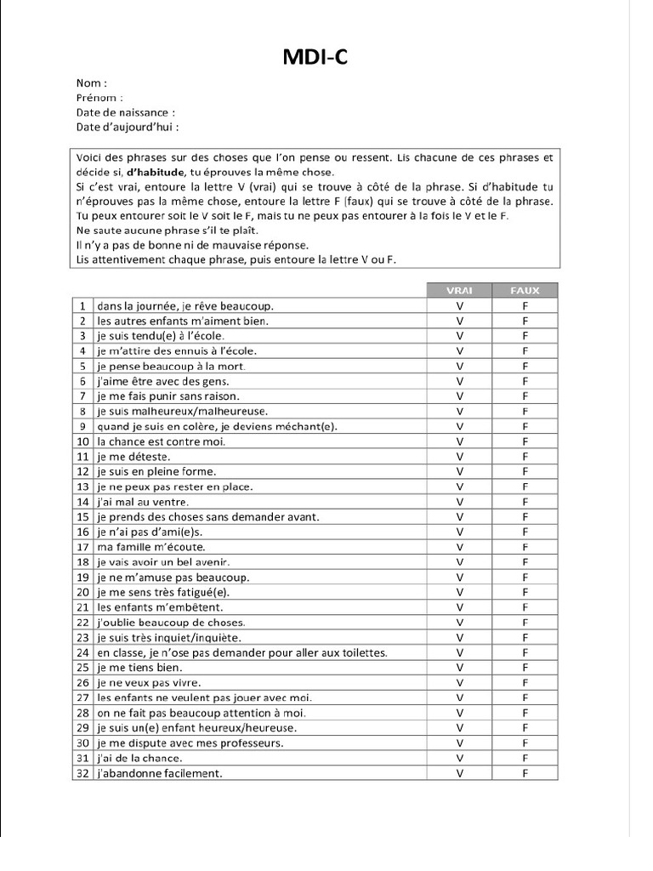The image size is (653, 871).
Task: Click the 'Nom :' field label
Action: pos(92,83)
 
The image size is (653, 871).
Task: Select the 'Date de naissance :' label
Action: pos(126,112)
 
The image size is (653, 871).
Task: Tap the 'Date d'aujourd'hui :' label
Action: pos(128,127)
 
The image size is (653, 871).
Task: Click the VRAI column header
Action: pos(459,290)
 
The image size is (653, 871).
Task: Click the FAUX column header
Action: pos(525,290)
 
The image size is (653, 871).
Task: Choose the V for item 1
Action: pos(459,305)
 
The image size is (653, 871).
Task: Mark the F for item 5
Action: pos(525,366)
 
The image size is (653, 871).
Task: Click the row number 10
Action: pos(83,441)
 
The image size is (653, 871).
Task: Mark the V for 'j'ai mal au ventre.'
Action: pos(459,502)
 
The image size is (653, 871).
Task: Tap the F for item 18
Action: pos(525,562)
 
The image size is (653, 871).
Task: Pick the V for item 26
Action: pos(459,683)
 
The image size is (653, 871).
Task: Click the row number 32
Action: pos(83,773)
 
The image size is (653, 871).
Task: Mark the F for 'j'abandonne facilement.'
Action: pos(525,773)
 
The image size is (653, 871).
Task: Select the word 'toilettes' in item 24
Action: pos(364,652)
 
